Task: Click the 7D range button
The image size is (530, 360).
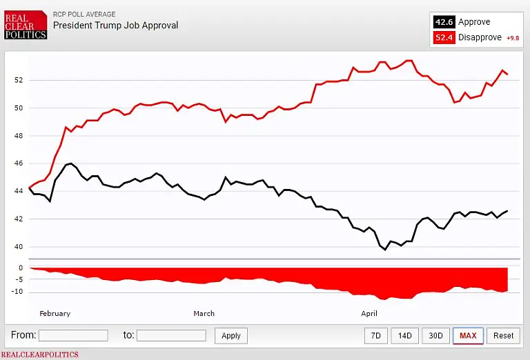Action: click(x=375, y=336)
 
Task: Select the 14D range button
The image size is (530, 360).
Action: click(x=404, y=336)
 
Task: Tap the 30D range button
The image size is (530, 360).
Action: click(x=435, y=336)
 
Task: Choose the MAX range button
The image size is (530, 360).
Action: click(x=468, y=336)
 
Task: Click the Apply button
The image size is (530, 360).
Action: click(x=231, y=336)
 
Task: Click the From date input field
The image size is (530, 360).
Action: click(x=73, y=335)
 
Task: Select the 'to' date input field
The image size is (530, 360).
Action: click(x=171, y=335)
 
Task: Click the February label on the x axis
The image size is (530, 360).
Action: click(x=55, y=314)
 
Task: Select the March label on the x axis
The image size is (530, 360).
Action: click(x=204, y=314)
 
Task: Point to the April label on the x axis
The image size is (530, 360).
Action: click(x=370, y=314)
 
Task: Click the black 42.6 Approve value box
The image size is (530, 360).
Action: click(x=443, y=22)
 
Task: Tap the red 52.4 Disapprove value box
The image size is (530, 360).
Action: click(x=443, y=37)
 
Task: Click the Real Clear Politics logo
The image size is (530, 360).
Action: click(x=26, y=24)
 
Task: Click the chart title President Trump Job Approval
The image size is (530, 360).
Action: click(x=115, y=26)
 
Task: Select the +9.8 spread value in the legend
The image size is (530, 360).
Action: click(x=512, y=38)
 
